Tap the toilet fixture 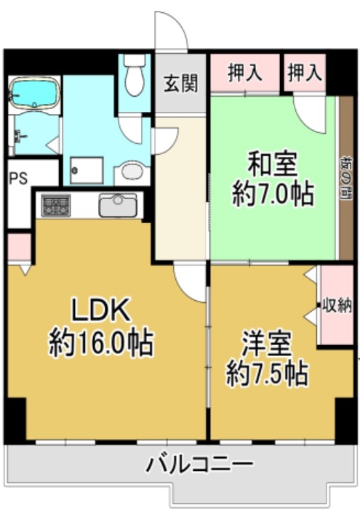coord(134,76)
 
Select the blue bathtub coord(33,93)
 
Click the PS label coord(18,179)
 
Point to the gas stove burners coord(56,205)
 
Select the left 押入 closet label coord(245,73)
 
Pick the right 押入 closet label coord(304,73)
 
